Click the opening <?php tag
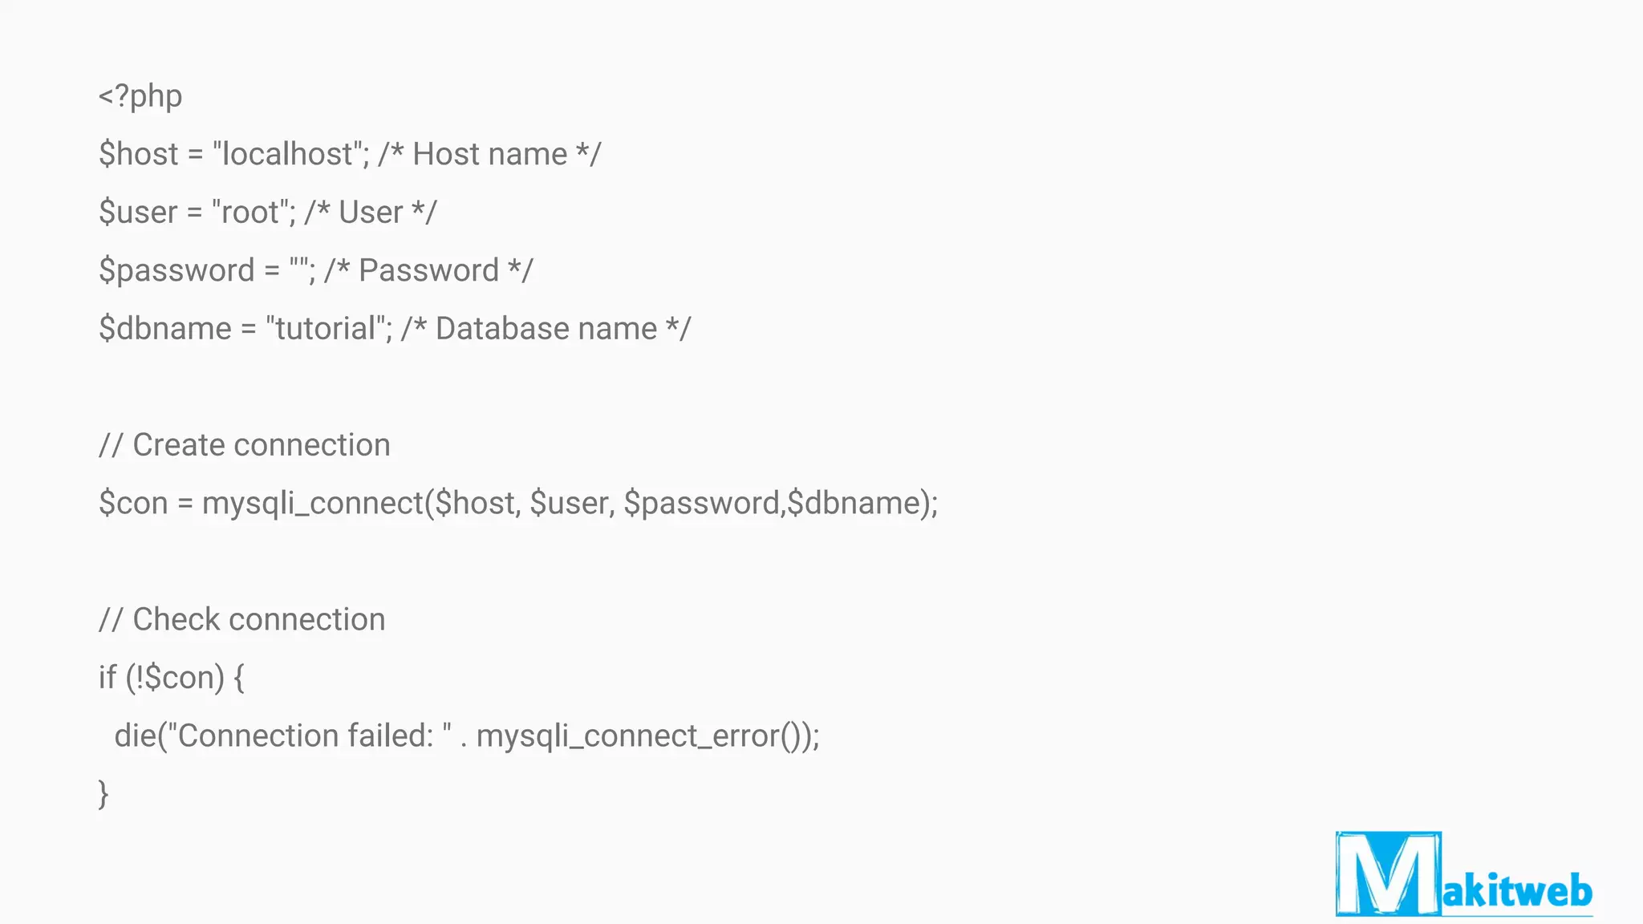(140, 96)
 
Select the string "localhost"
(286, 154)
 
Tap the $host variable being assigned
(138, 154)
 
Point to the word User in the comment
(370, 213)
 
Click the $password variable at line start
(176, 271)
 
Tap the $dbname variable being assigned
(165, 329)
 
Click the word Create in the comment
(178, 445)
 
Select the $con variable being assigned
(133, 504)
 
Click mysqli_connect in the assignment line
(312, 504)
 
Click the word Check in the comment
(176, 620)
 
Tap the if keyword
(107, 678)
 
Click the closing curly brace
(103, 794)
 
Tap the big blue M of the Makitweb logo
(1388, 874)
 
